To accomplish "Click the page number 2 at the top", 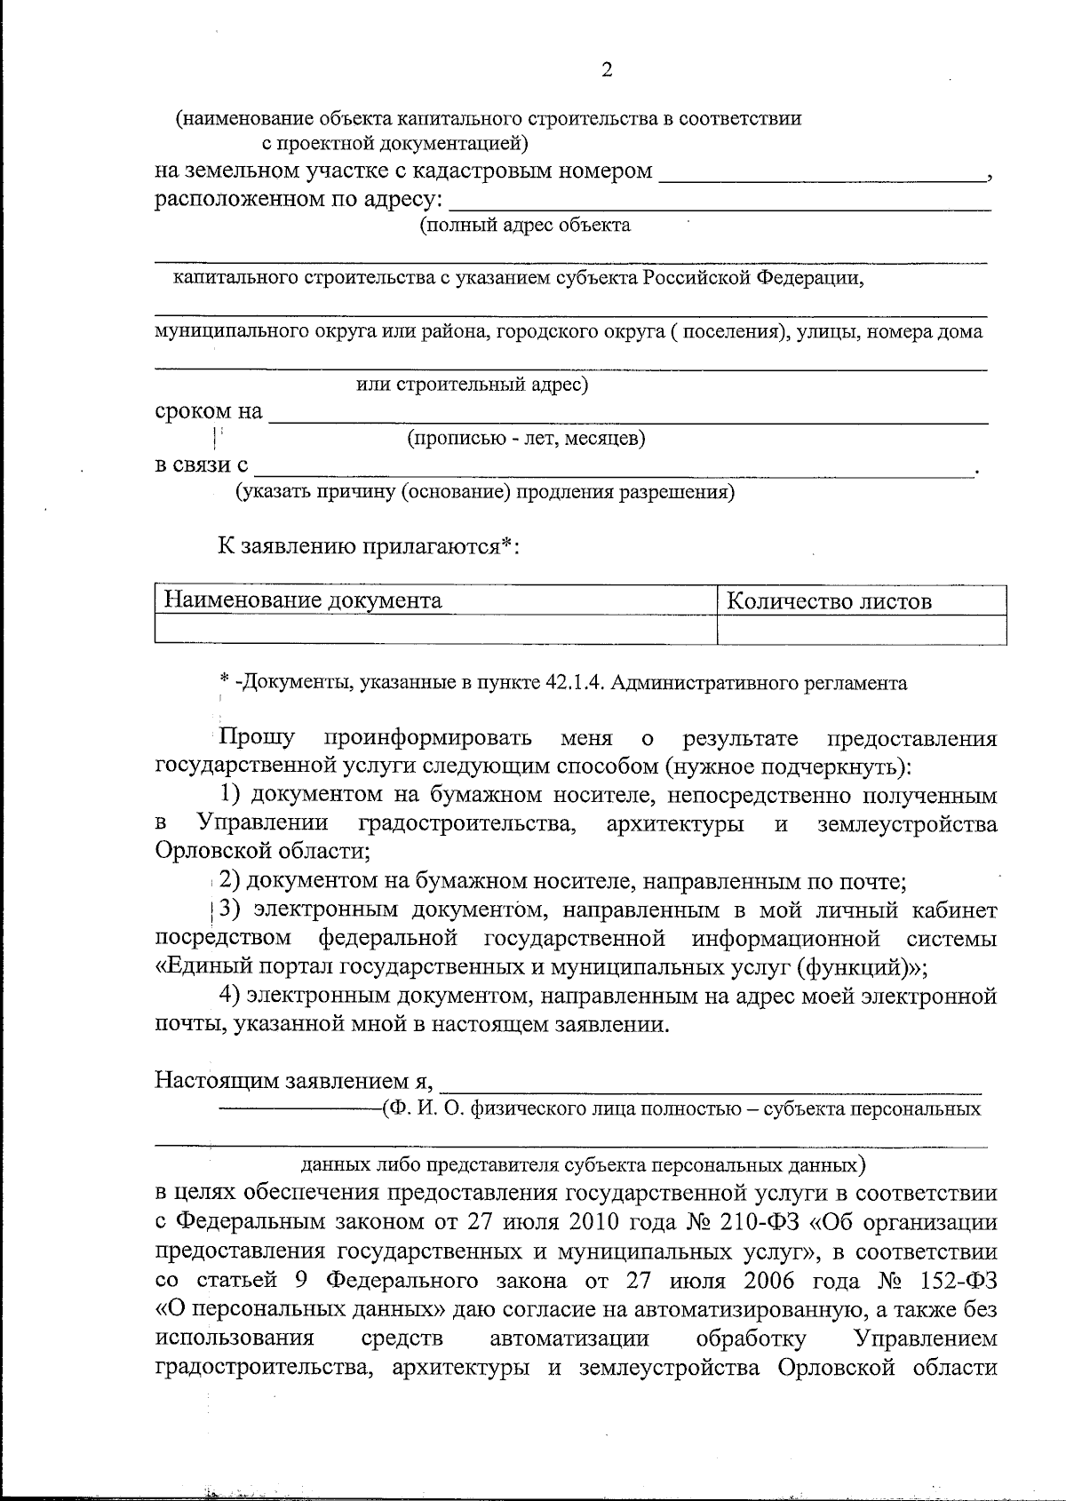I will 607,70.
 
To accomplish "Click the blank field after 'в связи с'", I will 613,468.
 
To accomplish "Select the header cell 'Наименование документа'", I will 302,601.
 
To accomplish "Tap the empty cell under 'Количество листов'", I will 861,631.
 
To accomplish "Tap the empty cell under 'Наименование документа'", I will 435,631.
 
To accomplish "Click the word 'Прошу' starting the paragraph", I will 258,738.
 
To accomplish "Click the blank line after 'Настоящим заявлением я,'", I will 711,1083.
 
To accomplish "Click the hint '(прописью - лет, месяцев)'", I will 526,438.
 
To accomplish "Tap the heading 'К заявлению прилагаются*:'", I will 369,545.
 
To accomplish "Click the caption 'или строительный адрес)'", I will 472,385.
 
